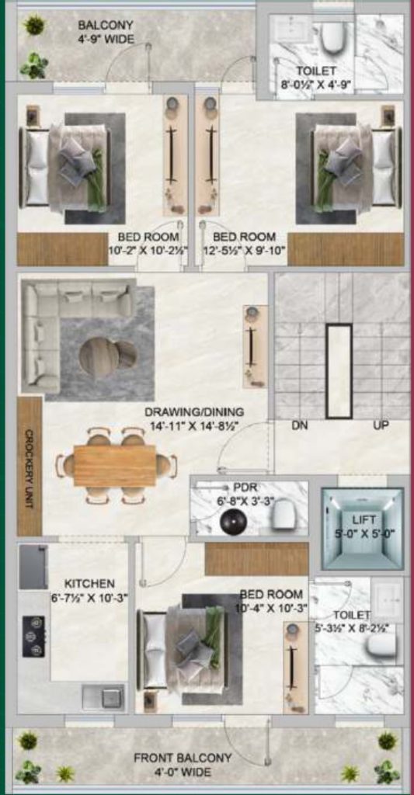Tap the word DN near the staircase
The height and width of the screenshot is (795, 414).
coord(301,425)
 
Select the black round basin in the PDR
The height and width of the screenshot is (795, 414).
coord(232,522)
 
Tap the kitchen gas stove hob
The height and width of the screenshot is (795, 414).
coord(33,636)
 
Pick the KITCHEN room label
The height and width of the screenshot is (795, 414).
coord(89,583)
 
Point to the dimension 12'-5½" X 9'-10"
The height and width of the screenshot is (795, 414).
coord(244,250)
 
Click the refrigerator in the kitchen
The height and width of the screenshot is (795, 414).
coord(33,567)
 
